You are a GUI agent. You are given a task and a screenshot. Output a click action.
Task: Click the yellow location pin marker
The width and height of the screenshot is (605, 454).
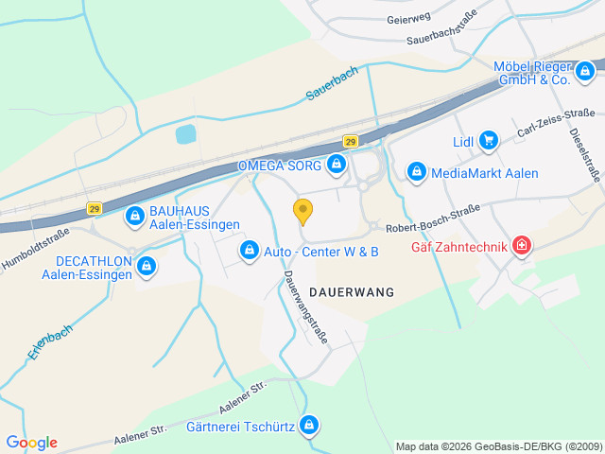pos(302,211)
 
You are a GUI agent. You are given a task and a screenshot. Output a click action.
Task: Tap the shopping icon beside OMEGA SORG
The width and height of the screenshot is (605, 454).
pos(336,166)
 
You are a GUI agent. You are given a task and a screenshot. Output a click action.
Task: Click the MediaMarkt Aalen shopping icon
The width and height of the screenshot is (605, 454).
pos(416,172)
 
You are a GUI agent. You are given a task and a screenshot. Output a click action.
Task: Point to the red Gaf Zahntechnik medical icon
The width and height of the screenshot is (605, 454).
pos(520,248)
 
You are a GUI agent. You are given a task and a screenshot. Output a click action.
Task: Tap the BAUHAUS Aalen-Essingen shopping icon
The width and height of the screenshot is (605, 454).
pos(135,217)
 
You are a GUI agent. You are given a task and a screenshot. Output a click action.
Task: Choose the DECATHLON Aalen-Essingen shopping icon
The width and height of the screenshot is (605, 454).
pos(146,266)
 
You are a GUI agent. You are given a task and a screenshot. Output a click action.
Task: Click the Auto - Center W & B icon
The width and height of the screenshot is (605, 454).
pos(249,251)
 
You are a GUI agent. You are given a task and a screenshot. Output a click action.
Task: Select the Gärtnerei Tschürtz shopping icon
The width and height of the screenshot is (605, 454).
pos(308,426)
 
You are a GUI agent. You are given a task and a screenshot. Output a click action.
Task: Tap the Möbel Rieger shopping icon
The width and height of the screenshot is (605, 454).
pos(586,69)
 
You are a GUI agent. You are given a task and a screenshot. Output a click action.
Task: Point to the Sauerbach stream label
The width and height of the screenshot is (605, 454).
pos(332,82)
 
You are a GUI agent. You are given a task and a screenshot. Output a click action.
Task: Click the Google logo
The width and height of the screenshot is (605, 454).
pos(31,443)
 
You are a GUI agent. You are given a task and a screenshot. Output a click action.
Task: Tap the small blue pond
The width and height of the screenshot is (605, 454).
pos(186,134)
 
